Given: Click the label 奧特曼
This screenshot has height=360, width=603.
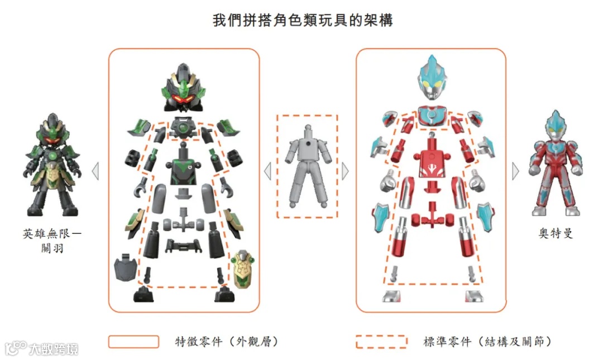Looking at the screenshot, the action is pyautogui.click(x=556, y=233).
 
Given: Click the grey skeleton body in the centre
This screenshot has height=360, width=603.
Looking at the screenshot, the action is pyautogui.click(x=307, y=167).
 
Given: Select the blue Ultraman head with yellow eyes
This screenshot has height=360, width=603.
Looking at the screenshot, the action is pyautogui.click(x=432, y=78).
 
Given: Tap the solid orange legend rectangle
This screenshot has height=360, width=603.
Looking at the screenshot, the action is pyautogui.click(x=133, y=342).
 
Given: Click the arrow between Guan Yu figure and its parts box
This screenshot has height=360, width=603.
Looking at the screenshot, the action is pyautogui.click(x=95, y=171).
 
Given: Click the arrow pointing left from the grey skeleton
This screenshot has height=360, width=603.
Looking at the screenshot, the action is pyautogui.click(x=267, y=171).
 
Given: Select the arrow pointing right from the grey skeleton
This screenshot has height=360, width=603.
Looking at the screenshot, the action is pyautogui.click(x=344, y=170).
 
